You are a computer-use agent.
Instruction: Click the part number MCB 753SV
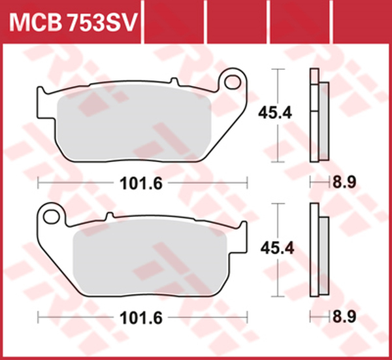click(x=73, y=22)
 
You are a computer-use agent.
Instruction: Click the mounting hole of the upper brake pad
click(x=232, y=82)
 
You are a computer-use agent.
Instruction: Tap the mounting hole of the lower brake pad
click(x=52, y=216)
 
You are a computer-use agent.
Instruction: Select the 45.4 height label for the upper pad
click(x=275, y=113)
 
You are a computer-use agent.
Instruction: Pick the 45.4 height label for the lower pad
click(x=277, y=248)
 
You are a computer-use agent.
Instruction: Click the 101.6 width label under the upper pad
click(x=141, y=184)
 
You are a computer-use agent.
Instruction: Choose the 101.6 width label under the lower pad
click(x=141, y=318)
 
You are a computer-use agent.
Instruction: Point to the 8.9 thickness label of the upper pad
click(x=344, y=182)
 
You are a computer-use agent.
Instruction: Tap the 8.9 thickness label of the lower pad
click(x=344, y=317)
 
